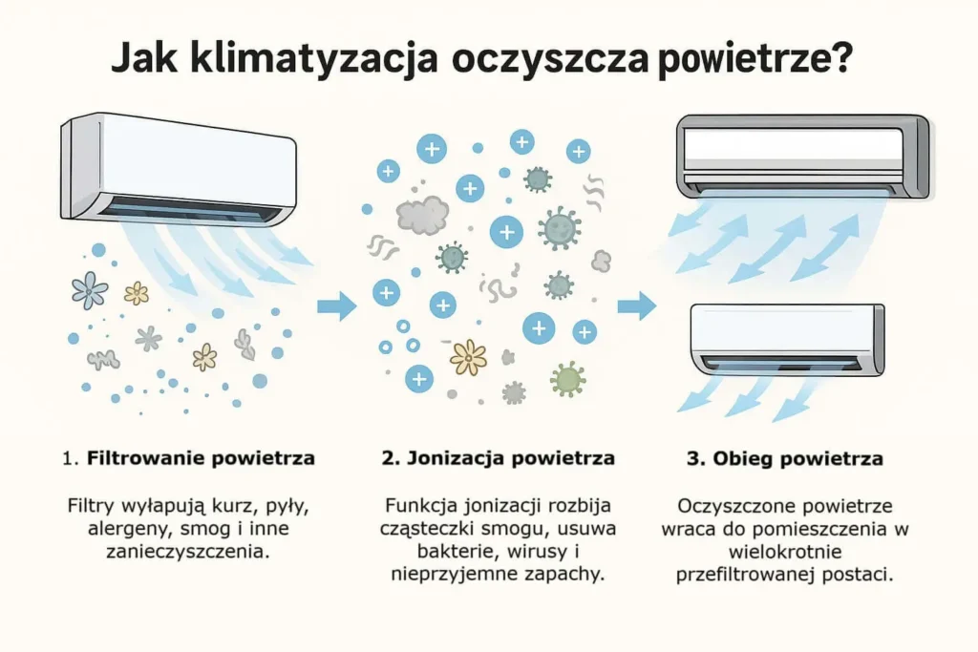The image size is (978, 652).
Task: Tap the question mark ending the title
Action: pyautogui.click(x=841, y=57)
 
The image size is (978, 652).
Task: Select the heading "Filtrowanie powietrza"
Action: pyautogui.click(x=201, y=458)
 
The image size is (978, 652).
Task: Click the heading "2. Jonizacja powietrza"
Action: pyautogui.click(x=499, y=458)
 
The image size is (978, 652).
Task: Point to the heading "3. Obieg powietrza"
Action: pyautogui.click(x=785, y=459)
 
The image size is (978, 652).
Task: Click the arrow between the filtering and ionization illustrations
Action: pyautogui.click(x=337, y=306)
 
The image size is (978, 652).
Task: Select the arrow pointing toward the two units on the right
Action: pyautogui.click(x=637, y=306)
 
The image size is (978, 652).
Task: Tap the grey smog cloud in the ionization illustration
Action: pyautogui.click(x=422, y=215)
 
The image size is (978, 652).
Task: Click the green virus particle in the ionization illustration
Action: pyautogui.click(x=567, y=378)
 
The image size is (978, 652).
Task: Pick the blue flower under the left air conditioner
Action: pyautogui.click(x=90, y=290)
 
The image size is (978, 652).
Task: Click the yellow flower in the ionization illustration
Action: pyautogui.click(x=468, y=357)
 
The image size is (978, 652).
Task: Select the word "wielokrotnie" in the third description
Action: pyautogui.click(x=785, y=551)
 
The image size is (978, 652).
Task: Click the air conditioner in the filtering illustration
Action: pyautogui.click(x=179, y=170)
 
